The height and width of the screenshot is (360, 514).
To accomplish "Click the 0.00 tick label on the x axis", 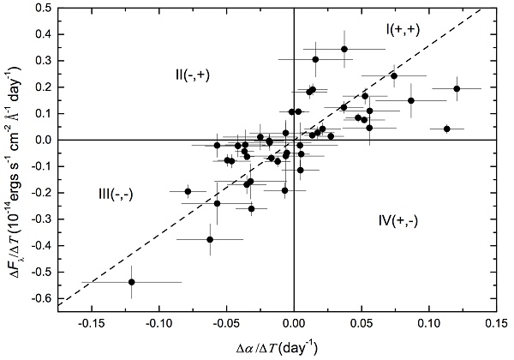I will pyautogui.click(x=294, y=324).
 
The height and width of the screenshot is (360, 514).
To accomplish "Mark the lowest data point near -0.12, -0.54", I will pyautogui.click(x=131, y=282).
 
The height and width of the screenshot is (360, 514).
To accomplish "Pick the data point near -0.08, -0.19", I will pyautogui.click(x=188, y=191).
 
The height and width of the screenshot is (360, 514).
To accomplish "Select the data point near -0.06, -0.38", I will pyautogui.click(x=210, y=240).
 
